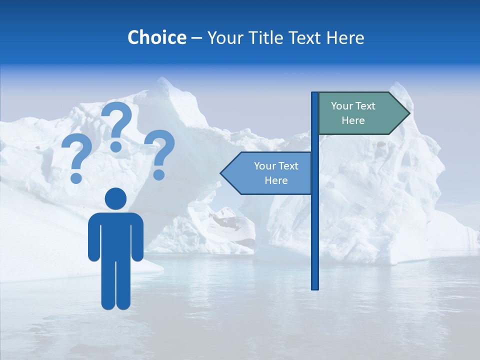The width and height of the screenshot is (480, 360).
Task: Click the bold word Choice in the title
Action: coord(156,37)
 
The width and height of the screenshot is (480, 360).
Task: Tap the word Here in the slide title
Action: coord(345,37)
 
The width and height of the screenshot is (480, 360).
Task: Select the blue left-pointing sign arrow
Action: coord(267,173)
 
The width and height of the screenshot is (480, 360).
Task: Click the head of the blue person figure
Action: coord(115,198)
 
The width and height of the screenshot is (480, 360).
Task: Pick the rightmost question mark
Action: coord(160,152)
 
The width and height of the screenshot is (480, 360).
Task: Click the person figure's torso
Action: coord(115,235)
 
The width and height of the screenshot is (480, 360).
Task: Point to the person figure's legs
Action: coord(115,285)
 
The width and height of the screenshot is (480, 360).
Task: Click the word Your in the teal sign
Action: coord(341,106)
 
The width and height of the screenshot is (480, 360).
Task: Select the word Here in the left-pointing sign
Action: coord(276,180)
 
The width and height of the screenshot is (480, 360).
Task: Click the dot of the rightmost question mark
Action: coord(159,174)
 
